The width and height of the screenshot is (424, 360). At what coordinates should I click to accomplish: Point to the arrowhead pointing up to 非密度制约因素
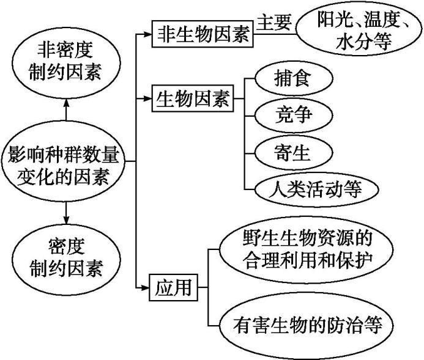tap(65, 105)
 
